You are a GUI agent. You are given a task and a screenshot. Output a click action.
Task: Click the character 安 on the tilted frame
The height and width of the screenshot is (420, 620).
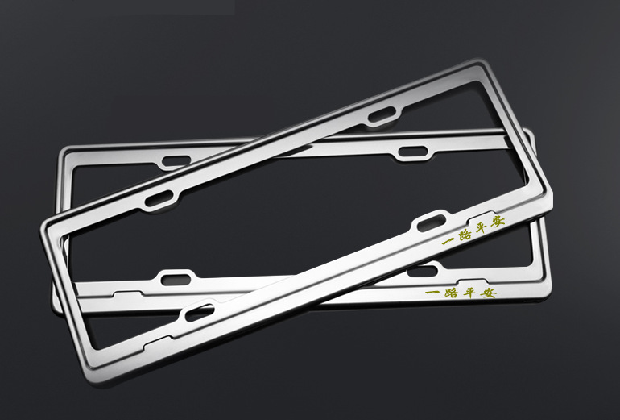click(498, 222)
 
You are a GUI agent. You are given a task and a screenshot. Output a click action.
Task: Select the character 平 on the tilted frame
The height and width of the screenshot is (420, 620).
click(482, 228)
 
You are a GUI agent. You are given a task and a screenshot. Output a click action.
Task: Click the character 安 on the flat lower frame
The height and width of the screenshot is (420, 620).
click(489, 293)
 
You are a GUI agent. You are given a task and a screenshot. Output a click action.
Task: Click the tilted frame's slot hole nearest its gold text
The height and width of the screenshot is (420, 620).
click(432, 222)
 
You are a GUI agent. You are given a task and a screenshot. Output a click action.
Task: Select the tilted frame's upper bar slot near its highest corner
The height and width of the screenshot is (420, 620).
click(382, 114)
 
